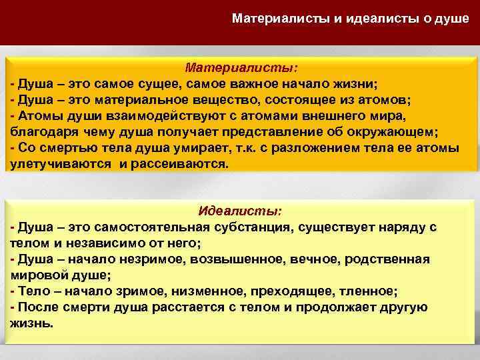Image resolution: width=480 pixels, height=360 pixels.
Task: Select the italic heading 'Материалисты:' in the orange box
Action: pyautogui.click(x=241, y=68)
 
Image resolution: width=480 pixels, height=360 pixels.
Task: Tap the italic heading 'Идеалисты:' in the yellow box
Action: pyautogui.click(x=240, y=211)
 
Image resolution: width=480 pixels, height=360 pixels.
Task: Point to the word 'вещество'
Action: pyautogui.click(x=229, y=100)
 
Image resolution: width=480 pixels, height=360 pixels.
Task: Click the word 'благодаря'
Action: pyautogui.click(x=41, y=131)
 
